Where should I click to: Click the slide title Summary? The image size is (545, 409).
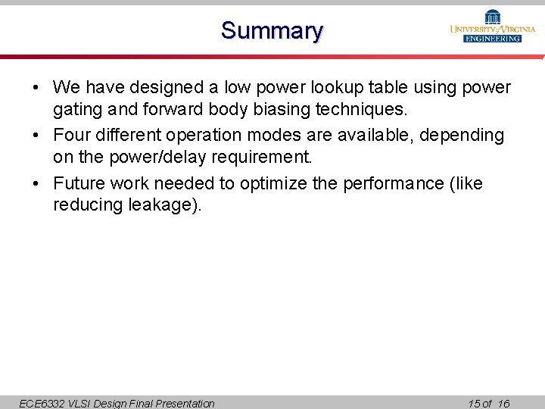(x=272, y=31)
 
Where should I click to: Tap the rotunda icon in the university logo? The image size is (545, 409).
(x=493, y=17)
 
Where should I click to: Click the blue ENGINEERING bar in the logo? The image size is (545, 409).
(x=493, y=38)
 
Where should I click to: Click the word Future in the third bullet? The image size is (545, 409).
(x=79, y=183)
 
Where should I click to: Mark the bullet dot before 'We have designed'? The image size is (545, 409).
(x=36, y=88)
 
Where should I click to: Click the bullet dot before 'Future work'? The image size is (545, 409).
(x=36, y=183)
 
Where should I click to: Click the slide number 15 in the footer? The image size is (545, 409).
(x=474, y=404)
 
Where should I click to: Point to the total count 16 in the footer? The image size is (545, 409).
(x=503, y=404)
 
